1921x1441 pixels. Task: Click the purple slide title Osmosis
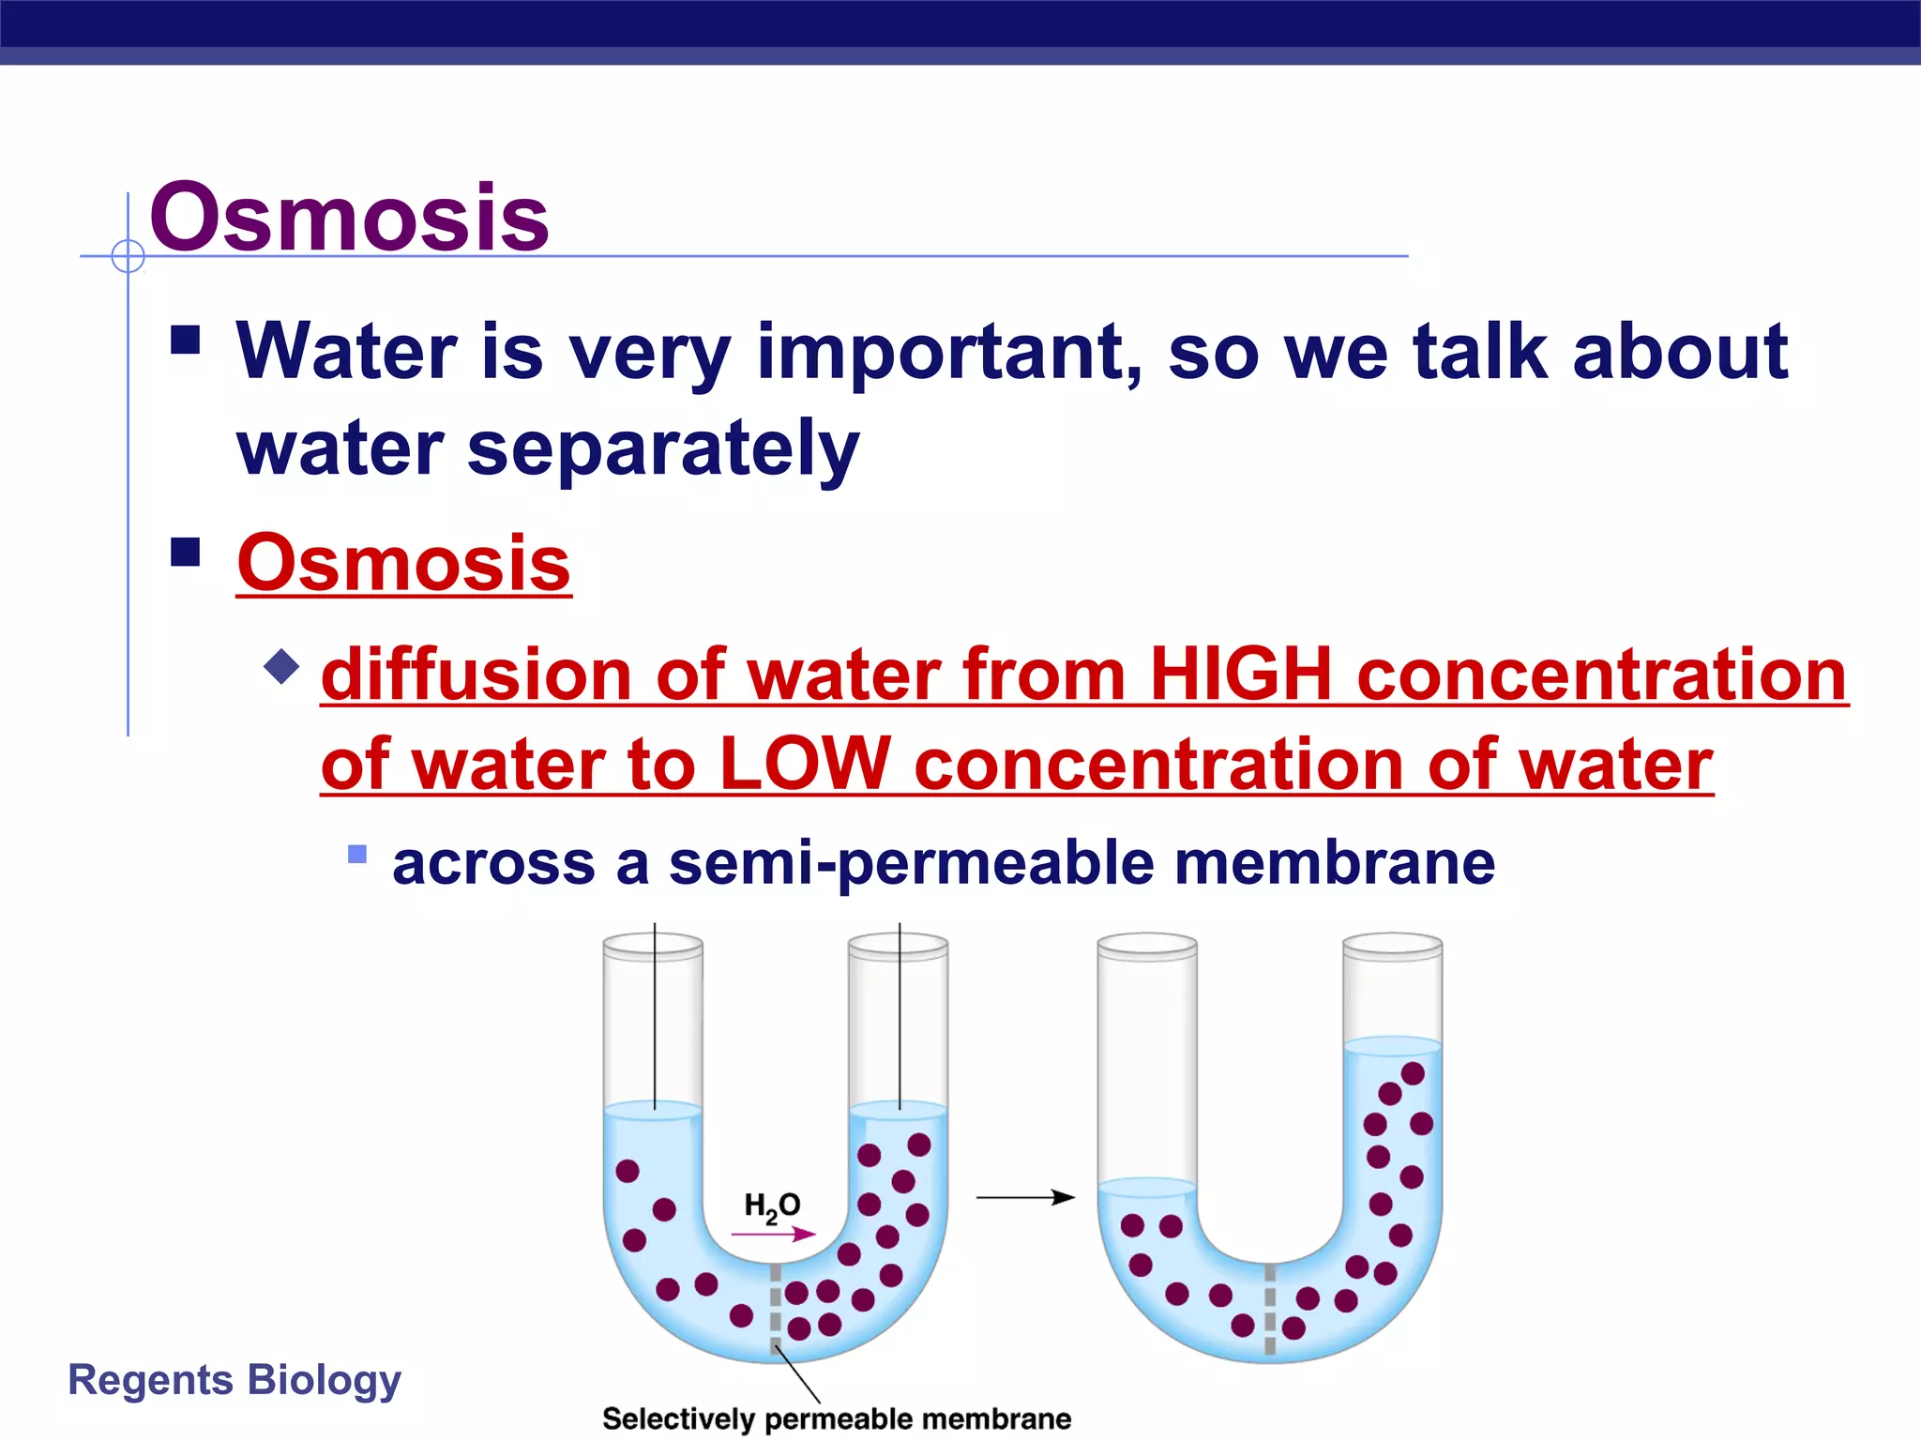349,218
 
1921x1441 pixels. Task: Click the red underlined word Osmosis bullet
403,563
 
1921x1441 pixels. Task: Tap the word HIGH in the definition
1240,675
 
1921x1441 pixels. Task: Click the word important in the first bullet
949,352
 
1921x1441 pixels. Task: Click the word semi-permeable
911,863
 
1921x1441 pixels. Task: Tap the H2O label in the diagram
771,1206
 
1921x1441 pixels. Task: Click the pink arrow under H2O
773,1235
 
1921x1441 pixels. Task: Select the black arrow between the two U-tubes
1025,1197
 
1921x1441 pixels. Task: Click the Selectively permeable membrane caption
836,1418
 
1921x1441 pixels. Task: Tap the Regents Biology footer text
234,1380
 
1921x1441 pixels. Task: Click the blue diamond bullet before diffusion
281,667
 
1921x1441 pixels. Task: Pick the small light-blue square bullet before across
356,854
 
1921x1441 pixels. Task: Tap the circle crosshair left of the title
128,255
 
